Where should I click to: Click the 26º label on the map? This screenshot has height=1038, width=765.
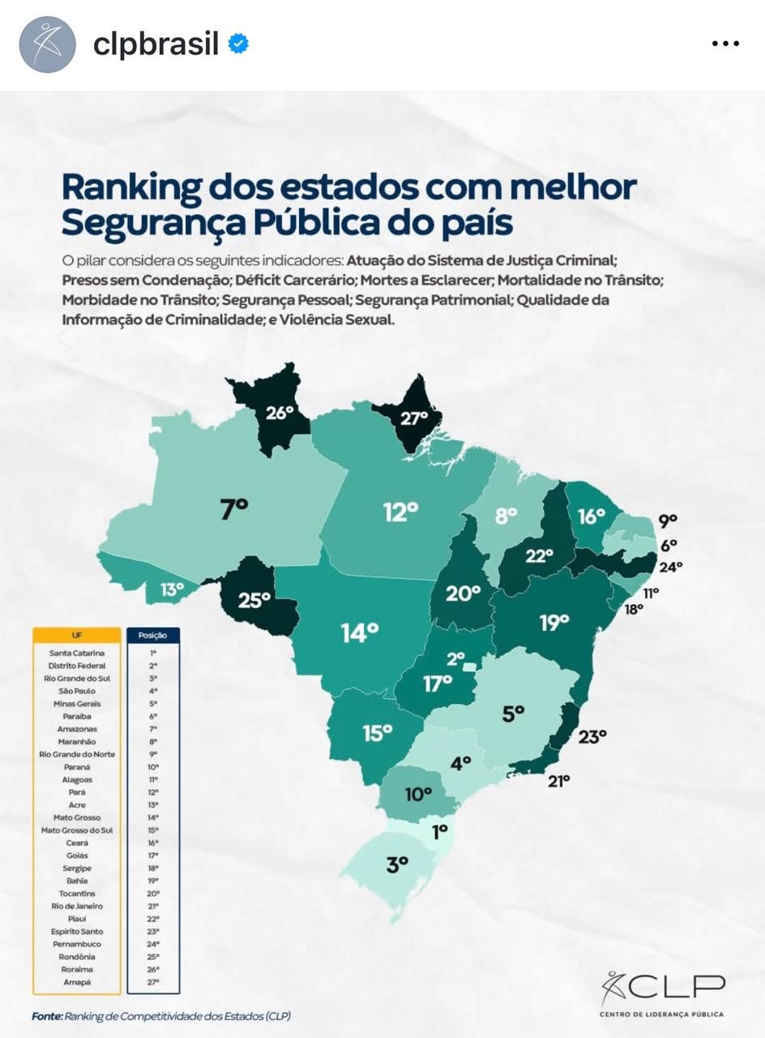click(x=280, y=413)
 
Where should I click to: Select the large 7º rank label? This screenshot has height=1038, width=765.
click(x=234, y=509)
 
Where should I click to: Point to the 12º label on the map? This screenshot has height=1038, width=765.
click(x=400, y=512)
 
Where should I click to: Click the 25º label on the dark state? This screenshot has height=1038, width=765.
click(x=254, y=600)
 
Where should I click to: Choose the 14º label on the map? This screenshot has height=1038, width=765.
click(x=360, y=632)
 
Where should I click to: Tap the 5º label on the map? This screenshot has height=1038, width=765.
click(x=513, y=714)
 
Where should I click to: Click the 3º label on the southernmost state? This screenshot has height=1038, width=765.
click(x=397, y=864)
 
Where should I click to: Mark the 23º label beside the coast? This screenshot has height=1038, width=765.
click(x=592, y=737)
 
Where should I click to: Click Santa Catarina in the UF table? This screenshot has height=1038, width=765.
click(x=77, y=653)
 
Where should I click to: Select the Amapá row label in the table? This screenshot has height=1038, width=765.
click(x=77, y=982)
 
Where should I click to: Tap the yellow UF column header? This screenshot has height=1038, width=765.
click(x=77, y=636)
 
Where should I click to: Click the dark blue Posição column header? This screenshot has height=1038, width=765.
click(x=152, y=636)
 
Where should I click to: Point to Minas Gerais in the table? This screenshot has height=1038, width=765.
click(x=77, y=704)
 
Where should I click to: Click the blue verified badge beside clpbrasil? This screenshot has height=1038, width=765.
click(x=238, y=44)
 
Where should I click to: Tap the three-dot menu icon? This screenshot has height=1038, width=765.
click(x=724, y=44)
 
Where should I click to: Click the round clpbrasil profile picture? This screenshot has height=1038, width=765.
click(x=47, y=45)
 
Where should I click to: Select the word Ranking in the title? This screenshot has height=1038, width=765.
click(x=131, y=187)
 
